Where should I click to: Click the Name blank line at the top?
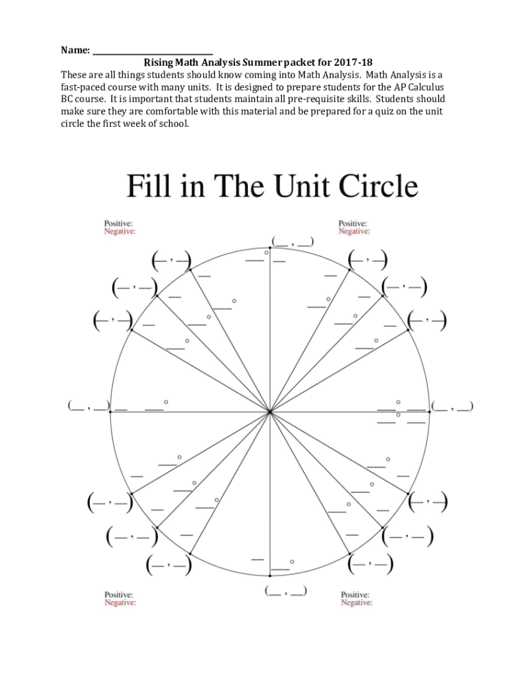[152, 52]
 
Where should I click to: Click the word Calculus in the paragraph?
[425, 87]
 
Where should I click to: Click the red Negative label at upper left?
[120, 231]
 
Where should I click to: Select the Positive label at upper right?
[352, 223]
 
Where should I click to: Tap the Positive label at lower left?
[118, 594]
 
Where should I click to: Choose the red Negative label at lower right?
[356, 603]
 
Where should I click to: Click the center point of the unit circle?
[270, 412]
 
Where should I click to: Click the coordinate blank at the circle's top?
[291, 242]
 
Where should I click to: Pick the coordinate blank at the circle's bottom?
[286, 591]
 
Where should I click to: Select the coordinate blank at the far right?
[453, 406]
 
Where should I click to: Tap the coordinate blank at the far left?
[88, 406]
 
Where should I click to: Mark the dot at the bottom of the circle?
[270, 576]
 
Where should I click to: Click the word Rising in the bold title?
[159, 63]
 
